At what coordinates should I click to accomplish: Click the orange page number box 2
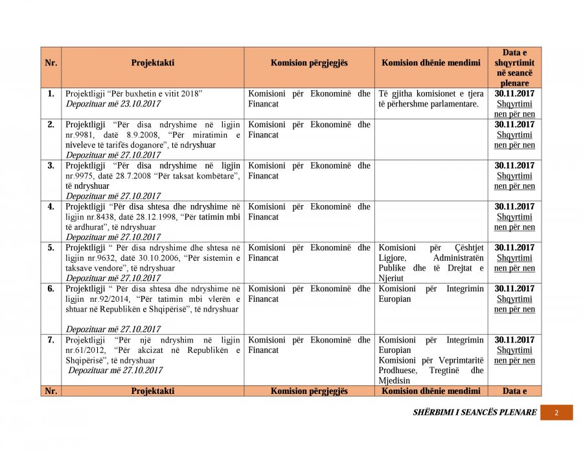(x=556, y=413)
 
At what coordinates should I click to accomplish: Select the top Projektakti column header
(x=153, y=63)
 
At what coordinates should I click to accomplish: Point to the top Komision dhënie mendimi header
(x=431, y=63)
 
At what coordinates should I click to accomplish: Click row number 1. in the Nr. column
(x=51, y=93)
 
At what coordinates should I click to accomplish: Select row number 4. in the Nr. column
(x=51, y=206)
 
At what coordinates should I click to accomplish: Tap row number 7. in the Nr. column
(x=51, y=339)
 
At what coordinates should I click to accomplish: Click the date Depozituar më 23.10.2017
(x=113, y=104)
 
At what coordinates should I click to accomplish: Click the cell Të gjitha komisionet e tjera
(x=431, y=93)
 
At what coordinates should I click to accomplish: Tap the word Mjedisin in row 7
(x=394, y=380)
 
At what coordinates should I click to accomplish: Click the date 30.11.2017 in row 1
(x=514, y=93)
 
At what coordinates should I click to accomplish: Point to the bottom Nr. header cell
(x=51, y=391)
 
